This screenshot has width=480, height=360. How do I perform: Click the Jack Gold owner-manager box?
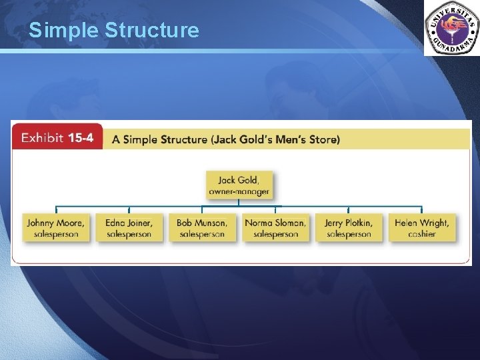point(239,185)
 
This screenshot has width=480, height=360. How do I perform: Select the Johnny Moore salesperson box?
point(56,228)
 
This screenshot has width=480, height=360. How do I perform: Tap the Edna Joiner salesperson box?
point(129,228)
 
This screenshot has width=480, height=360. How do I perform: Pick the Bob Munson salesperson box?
point(202,228)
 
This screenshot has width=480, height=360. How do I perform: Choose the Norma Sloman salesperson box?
point(275,228)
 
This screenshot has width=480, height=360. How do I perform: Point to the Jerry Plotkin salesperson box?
point(349,228)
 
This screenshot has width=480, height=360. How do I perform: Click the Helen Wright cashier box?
point(421,228)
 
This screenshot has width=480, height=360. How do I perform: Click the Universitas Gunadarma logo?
point(451,28)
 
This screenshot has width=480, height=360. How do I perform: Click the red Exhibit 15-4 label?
point(57,138)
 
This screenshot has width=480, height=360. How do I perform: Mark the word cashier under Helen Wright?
point(421,234)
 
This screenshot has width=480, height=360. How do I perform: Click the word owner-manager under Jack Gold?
point(239,192)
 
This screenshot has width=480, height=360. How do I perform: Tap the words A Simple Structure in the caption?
point(159,139)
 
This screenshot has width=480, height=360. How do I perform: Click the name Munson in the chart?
point(211,223)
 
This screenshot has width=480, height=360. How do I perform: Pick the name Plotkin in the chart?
point(359,223)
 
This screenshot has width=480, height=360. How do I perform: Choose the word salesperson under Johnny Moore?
point(56,234)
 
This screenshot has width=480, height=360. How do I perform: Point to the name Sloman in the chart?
point(287,223)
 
